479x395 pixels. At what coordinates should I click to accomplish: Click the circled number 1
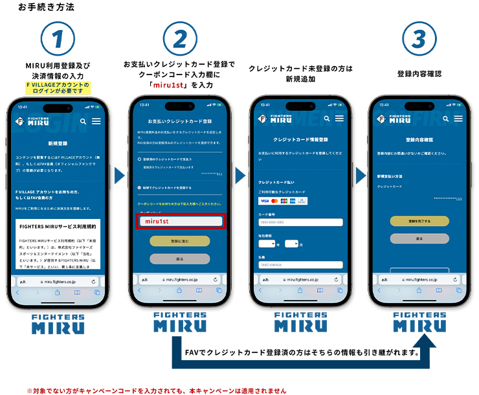pos(58,39)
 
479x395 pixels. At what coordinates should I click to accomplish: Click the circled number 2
pos(179,39)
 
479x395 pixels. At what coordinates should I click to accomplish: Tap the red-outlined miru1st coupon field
pos(180,221)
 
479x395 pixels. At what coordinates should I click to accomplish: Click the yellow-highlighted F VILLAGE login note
pos(58,87)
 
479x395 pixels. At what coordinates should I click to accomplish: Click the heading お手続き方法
pos(46,8)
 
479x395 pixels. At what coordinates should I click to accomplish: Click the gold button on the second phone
pos(179,241)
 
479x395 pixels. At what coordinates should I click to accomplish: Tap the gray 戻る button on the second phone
pos(179,258)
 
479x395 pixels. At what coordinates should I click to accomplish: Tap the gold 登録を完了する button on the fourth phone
pos(419,221)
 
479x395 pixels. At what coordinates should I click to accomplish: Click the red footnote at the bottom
pos(155,390)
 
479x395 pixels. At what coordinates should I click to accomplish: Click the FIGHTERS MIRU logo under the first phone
pos(58,323)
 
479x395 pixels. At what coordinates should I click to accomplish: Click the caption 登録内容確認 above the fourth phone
pos(419,74)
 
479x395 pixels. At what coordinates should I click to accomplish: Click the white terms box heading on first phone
pos(58,228)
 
